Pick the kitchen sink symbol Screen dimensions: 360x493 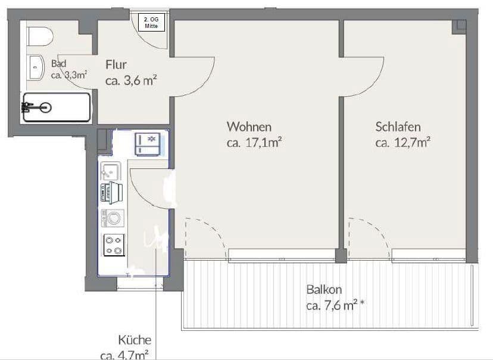pos(111,171)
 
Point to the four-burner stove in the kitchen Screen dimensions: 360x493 pos(114,245)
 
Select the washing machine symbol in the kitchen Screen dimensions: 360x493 pos(112,218)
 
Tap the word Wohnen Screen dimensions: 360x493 pos(249,127)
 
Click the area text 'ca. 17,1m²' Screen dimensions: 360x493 pos(254,142)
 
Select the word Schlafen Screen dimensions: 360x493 pos(398,127)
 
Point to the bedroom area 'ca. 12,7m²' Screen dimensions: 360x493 pos(403,142)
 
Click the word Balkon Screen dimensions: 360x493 pos(324,290)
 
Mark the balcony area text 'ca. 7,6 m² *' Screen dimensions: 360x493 pos(335,306)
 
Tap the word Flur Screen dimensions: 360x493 pos(117,64)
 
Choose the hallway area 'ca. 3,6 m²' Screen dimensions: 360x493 pos(130,80)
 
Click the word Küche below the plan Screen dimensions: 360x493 pos(135,340)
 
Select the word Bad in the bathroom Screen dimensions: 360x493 pos(58,64)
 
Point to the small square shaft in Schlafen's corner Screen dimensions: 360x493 pos(458,26)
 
